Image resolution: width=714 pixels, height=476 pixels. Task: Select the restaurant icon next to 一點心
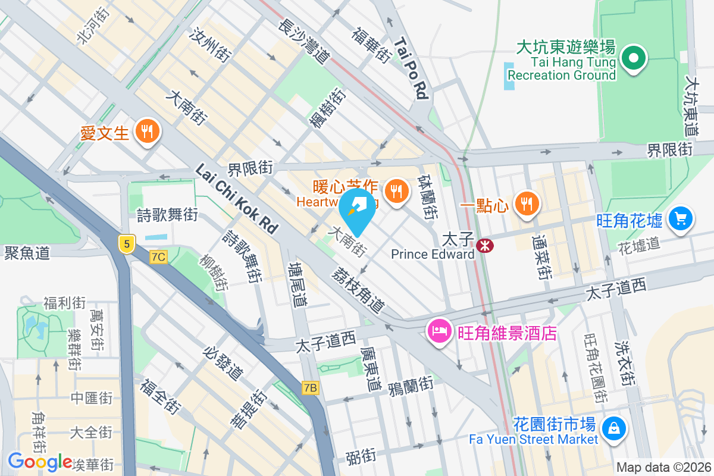click(x=526, y=203)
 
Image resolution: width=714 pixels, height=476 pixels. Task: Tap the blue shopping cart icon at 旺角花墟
click(x=680, y=218)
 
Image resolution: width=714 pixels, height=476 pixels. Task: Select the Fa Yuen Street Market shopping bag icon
click(x=613, y=427)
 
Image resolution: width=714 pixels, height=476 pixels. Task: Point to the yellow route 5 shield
click(x=126, y=243)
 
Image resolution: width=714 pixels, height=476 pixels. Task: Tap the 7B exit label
click(x=311, y=388)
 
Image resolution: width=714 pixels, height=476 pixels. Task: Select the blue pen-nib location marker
click(x=357, y=210)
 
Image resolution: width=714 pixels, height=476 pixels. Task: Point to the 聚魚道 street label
click(x=26, y=252)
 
